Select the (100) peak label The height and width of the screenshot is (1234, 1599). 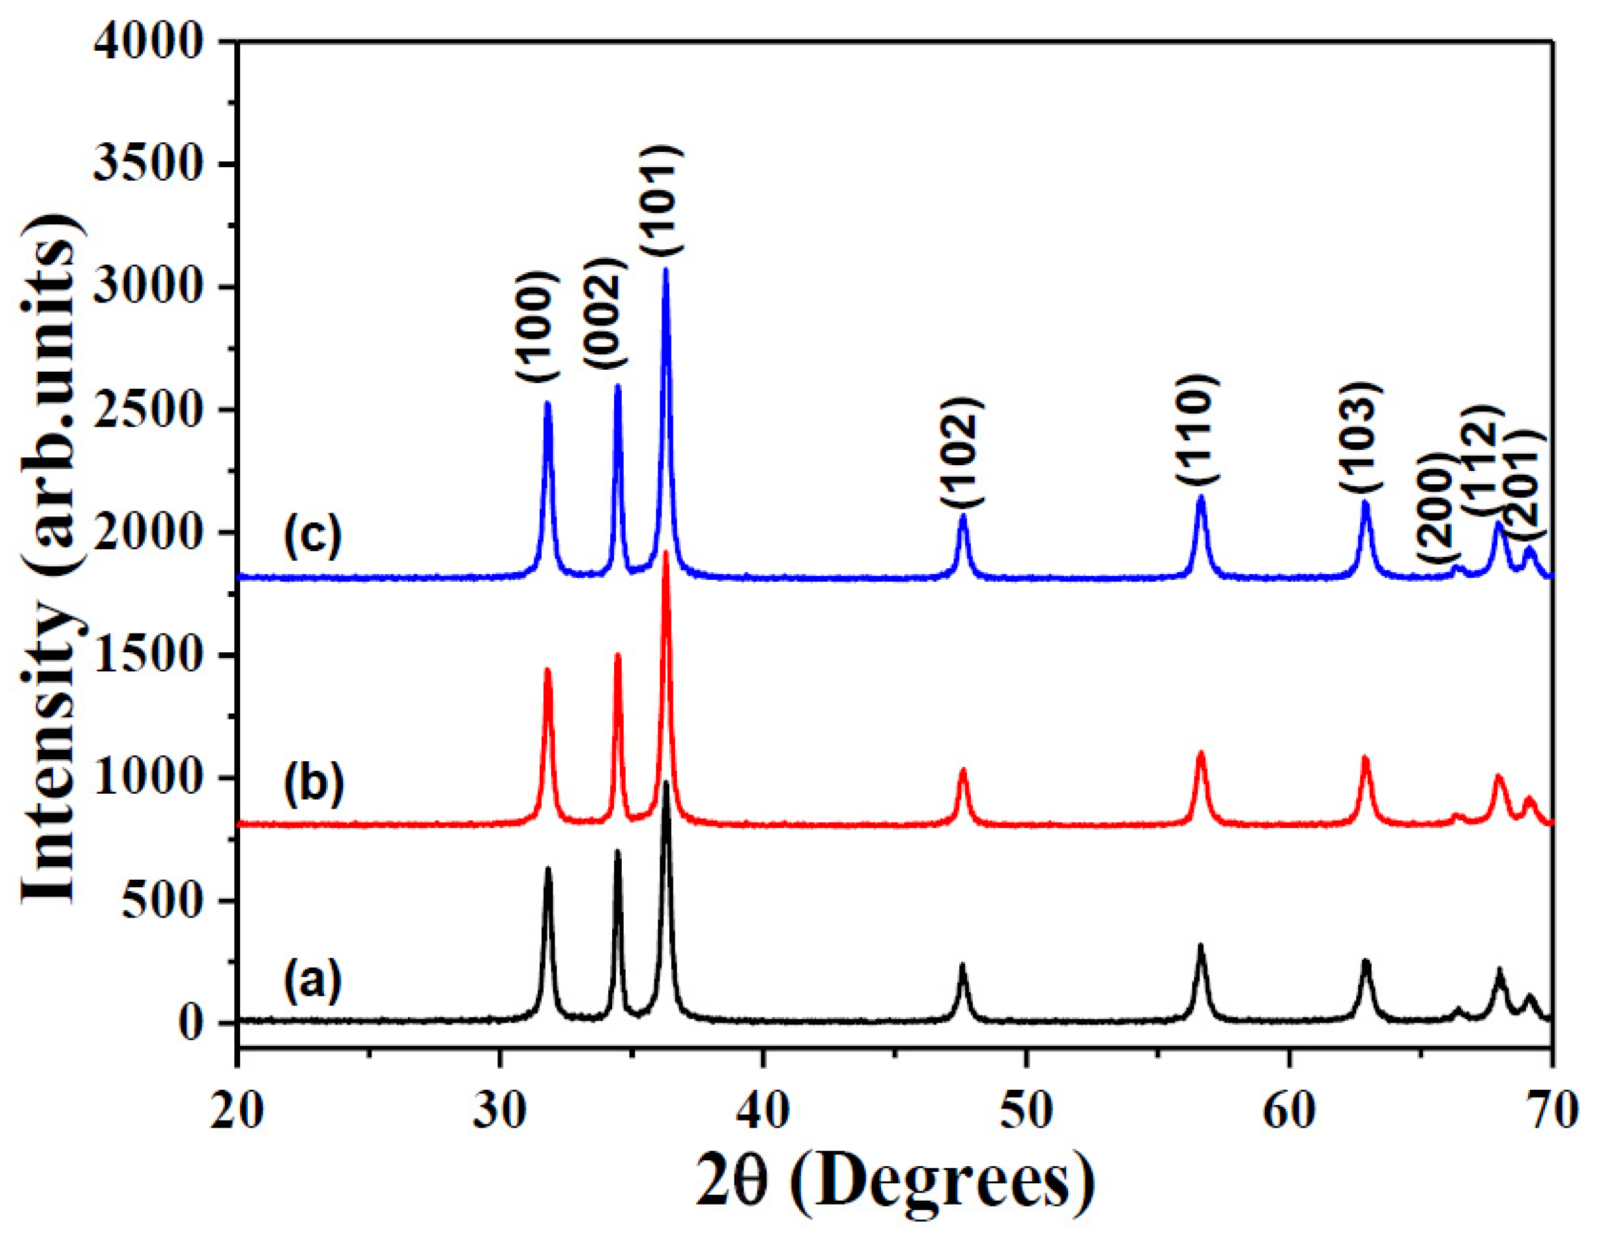click(538, 325)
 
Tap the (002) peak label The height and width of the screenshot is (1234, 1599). click(605, 313)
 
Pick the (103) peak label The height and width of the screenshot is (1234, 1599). click(1361, 436)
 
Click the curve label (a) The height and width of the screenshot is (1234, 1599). click(313, 982)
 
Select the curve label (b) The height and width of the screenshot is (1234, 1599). click(313, 784)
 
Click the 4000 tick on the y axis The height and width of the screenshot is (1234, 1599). click(147, 42)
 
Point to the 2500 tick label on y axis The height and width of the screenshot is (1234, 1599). click(147, 410)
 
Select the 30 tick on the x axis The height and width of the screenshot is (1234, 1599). click(500, 1111)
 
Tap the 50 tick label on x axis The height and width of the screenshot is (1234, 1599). click(1026, 1111)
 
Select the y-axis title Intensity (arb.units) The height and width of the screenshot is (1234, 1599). click(47, 557)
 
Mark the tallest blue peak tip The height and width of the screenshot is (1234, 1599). click(665, 270)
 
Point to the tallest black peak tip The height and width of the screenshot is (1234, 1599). click(665, 783)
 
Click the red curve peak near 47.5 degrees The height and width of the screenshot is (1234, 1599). click(962, 769)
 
